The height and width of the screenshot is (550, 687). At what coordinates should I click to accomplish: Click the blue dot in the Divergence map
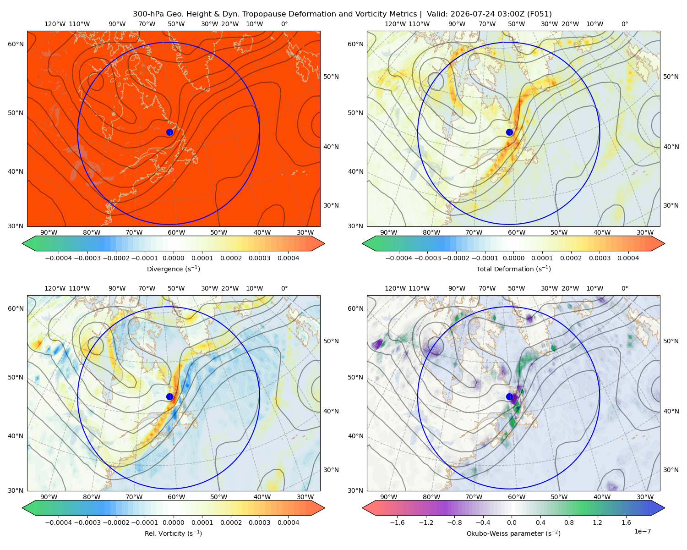[169, 132]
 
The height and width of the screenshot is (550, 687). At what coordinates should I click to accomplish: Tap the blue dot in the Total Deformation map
[509, 132]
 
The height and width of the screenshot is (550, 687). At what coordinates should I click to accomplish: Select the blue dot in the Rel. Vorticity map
[169, 396]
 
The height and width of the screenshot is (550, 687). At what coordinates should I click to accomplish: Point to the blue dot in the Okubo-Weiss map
[509, 396]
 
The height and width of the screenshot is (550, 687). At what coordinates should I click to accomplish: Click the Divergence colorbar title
[173, 269]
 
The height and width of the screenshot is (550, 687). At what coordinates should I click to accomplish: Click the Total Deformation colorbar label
[513, 269]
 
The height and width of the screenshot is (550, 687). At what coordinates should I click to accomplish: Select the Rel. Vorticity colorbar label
[173, 533]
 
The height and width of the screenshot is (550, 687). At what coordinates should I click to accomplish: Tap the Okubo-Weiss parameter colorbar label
[513, 533]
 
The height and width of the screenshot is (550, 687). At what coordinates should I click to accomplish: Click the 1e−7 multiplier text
[642, 531]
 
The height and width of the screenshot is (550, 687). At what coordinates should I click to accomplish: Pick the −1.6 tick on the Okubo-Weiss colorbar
[397, 522]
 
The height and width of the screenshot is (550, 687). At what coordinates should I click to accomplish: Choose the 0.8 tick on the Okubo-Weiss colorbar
[569, 522]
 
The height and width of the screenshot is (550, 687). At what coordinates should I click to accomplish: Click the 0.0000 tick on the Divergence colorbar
[173, 258]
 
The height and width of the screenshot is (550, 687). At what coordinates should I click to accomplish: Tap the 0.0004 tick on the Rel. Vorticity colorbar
[288, 522]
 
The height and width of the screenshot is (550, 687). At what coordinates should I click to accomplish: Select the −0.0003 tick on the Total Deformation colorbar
[427, 258]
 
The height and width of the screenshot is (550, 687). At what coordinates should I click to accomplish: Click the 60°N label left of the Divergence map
[16, 44]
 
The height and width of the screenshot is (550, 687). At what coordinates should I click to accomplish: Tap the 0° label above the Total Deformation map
[624, 24]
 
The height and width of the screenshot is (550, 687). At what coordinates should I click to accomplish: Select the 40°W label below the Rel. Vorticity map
[262, 497]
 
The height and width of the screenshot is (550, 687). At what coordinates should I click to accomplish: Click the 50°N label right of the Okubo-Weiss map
[671, 341]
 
